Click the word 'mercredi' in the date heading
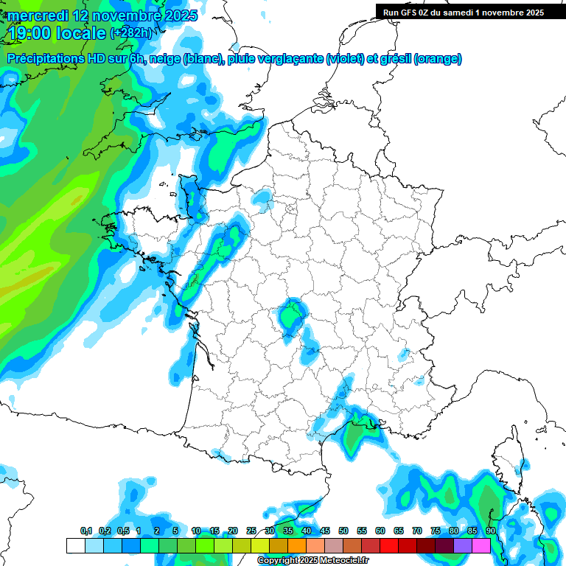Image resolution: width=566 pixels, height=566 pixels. click(x=38, y=15)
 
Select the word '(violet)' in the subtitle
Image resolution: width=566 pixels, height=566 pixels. click(x=346, y=59)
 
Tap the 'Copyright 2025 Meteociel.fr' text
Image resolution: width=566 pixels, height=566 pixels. click(x=313, y=561)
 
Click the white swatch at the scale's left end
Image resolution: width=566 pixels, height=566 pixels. click(x=75, y=545)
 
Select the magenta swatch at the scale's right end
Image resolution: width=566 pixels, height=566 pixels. click(x=481, y=545)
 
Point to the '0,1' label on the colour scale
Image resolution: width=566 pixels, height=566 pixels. click(x=86, y=531)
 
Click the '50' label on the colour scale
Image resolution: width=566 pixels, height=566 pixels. click(x=343, y=531)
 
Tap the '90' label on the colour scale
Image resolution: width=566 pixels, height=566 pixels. click(x=491, y=531)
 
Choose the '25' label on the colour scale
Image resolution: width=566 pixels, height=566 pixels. click(x=251, y=531)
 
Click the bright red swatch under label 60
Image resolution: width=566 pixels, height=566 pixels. click(x=389, y=545)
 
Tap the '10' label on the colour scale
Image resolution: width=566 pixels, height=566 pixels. click(x=196, y=531)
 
